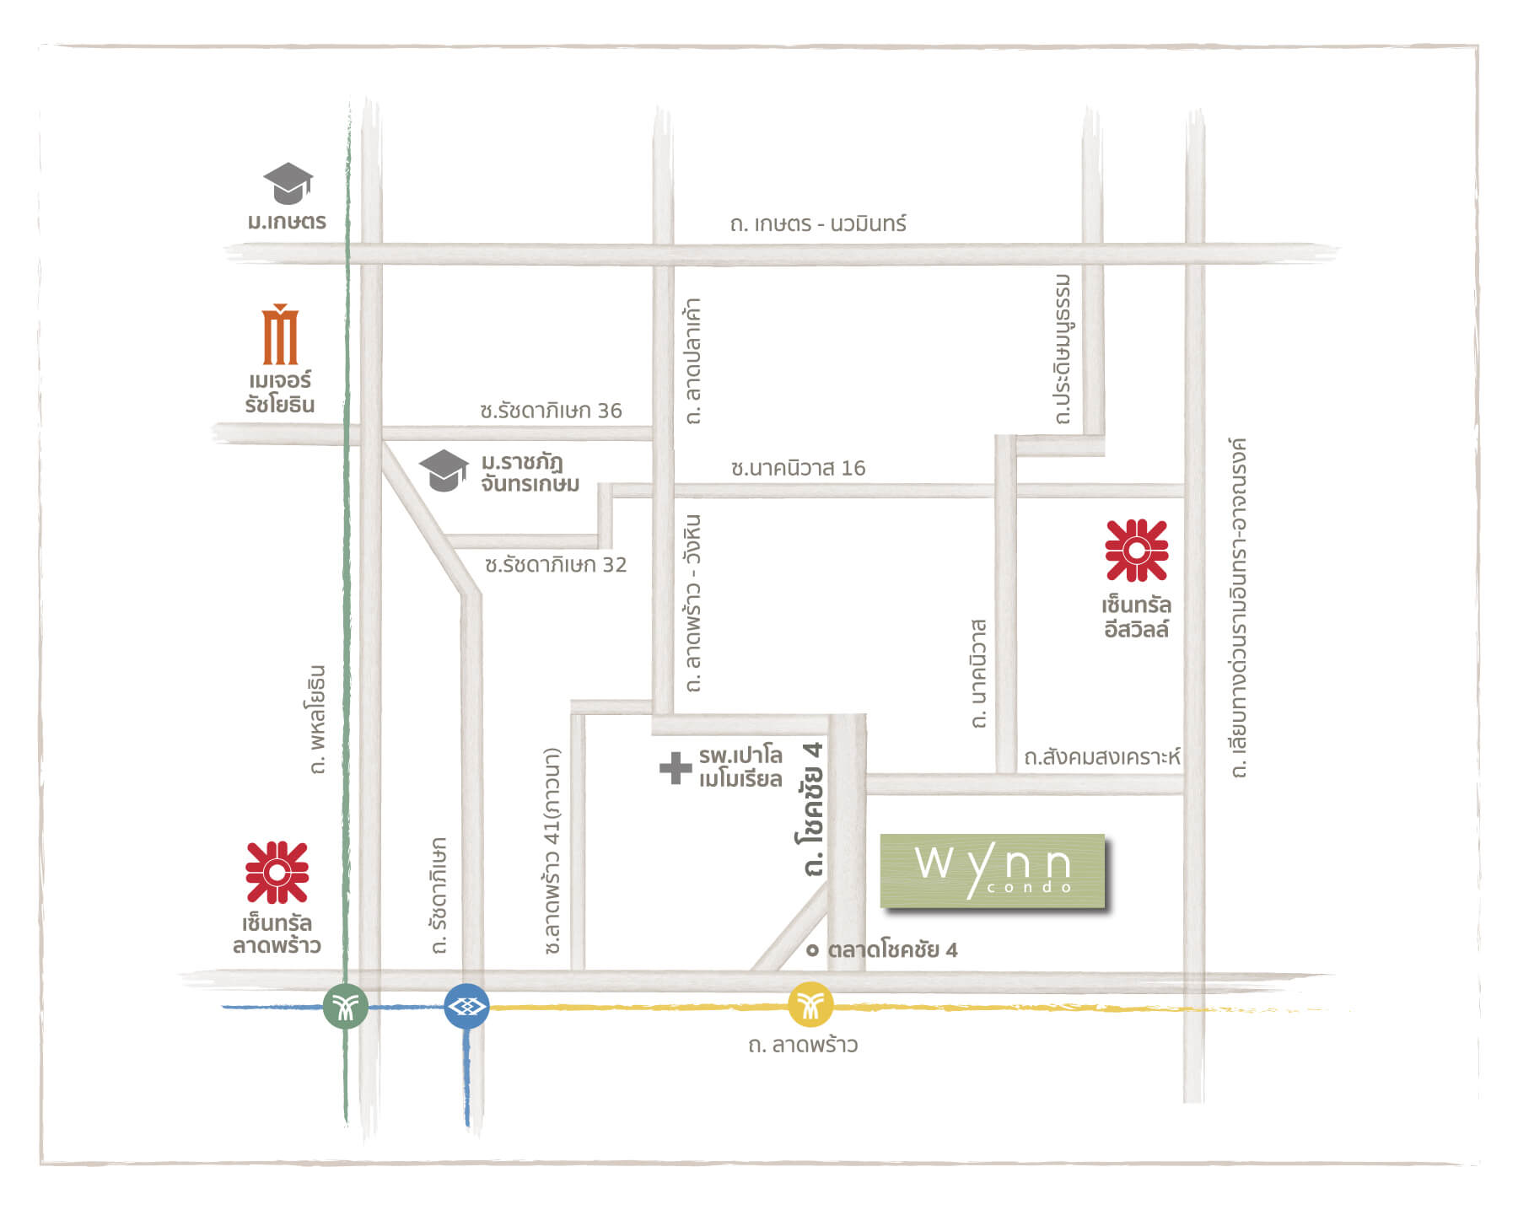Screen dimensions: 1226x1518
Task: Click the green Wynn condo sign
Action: pos(993,872)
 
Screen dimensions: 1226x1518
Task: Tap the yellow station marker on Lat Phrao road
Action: pos(810,1005)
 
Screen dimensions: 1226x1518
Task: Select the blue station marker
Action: pos(466,1006)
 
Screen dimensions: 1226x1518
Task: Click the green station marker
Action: pos(346,1006)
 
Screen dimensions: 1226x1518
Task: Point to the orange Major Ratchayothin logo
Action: pos(280,335)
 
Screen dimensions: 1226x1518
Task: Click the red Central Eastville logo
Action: pos(1136,551)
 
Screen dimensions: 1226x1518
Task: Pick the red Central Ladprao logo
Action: pos(277,873)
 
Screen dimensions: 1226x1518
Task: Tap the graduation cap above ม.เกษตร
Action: pos(288,183)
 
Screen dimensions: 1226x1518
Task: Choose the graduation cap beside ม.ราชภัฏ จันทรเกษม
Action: pos(444,470)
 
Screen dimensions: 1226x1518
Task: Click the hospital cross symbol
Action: pos(676,767)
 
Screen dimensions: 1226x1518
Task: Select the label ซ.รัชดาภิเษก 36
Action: pos(551,411)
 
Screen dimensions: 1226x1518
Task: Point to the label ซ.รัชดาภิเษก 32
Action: pos(556,565)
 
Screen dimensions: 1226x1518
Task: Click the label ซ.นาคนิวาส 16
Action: pos(798,468)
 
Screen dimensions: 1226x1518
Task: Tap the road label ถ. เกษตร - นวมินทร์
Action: pos(818,223)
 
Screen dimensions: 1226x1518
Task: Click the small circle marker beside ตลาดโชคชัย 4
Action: pos(812,950)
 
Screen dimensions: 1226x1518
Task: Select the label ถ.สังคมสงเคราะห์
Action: pos(1101,757)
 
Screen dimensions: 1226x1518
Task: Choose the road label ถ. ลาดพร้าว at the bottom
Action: pos(803,1045)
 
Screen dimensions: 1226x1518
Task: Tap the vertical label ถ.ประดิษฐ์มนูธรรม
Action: pos(1063,349)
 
